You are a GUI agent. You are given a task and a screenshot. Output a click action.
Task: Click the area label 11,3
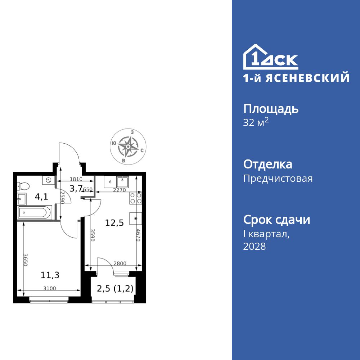50,275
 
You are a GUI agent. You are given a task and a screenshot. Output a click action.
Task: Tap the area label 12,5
114,223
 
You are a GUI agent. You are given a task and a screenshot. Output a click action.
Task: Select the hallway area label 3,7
76,188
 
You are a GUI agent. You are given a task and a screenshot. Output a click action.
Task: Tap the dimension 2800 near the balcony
120,264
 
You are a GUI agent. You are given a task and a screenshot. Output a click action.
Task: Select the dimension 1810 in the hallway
76,179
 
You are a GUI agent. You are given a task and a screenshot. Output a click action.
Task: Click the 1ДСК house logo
271,58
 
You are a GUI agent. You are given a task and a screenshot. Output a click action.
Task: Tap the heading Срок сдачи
276,220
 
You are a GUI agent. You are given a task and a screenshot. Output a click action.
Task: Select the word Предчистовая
278,179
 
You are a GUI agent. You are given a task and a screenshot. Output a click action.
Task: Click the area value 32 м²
256,123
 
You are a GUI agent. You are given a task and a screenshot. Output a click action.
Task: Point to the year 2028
255,247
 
